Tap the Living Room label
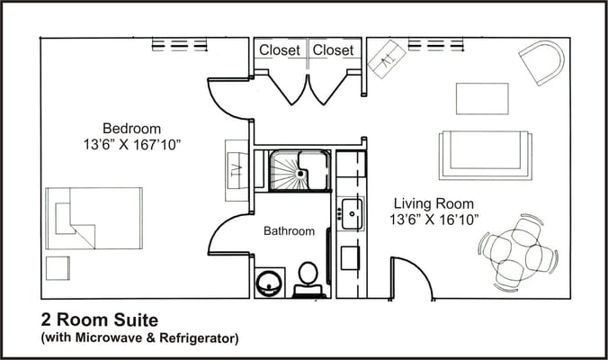pos(432,203)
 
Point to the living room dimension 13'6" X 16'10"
pos(434,220)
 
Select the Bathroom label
pos(289,231)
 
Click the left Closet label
pos(280,50)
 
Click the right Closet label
pos(333,50)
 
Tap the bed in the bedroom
pos(94,219)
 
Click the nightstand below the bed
pos(57,268)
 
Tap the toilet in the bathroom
pos(308,277)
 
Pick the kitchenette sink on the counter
pos(352,213)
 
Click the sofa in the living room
pos(484,153)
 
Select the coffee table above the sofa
pos(482,98)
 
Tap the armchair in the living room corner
pos(541,62)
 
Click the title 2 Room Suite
pos(99,319)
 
